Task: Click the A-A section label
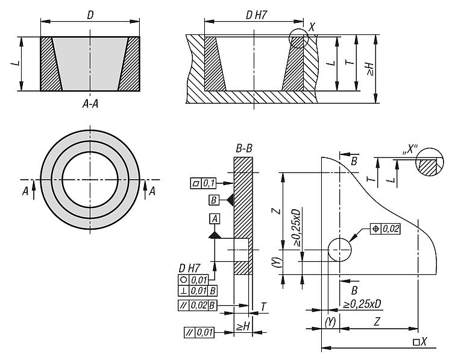click(90, 103)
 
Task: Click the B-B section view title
click(243, 147)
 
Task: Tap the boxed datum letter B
click(213, 200)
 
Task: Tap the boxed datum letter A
click(215, 218)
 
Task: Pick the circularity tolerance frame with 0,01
click(192, 280)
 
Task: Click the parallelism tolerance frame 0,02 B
click(198, 305)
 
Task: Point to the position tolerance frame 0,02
click(386, 229)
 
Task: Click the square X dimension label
click(419, 342)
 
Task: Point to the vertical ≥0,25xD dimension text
click(296, 228)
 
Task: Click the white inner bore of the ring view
click(90, 179)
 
